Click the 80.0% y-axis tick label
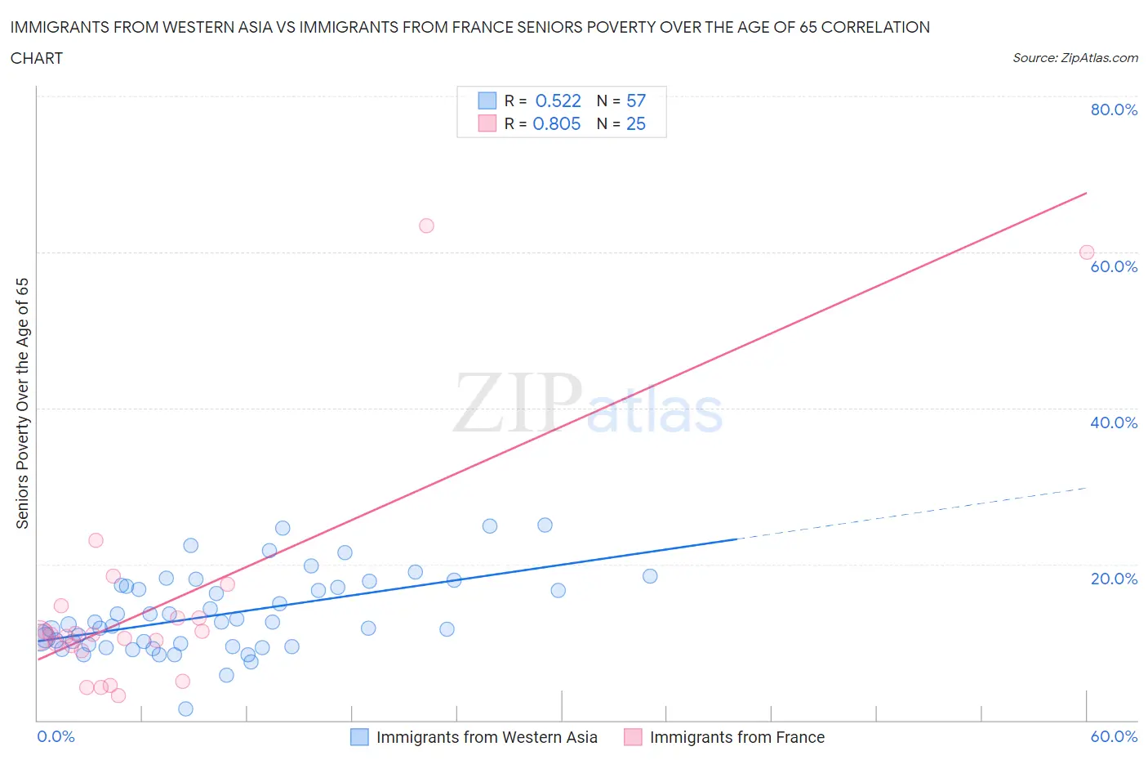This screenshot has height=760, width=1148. [1114, 110]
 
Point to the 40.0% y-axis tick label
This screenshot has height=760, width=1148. [1114, 422]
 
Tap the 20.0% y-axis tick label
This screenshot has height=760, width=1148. [1114, 579]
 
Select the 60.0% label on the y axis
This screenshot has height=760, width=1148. [1114, 266]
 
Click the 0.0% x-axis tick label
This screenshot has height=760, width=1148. [56, 736]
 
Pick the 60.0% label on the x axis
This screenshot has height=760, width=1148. [1114, 736]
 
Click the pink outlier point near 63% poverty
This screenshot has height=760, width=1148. [426, 226]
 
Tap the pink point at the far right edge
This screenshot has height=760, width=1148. [1086, 253]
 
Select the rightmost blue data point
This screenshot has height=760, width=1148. [650, 576]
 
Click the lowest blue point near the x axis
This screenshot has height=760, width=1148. [185, 709]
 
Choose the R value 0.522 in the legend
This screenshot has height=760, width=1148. [558, 101]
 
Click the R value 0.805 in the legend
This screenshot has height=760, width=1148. [556, 123]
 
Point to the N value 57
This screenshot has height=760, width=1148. [636, 101]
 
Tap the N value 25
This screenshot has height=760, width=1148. [636, 123]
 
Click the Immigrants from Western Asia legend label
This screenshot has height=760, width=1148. [487, 737]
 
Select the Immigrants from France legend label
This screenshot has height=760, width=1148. [736, 737]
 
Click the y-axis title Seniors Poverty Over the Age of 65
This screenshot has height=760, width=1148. [22, 404]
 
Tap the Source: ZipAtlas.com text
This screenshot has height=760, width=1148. [1075, 58]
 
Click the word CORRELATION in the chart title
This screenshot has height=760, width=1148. [875, 27]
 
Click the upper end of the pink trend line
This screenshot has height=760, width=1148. [1086, 193]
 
